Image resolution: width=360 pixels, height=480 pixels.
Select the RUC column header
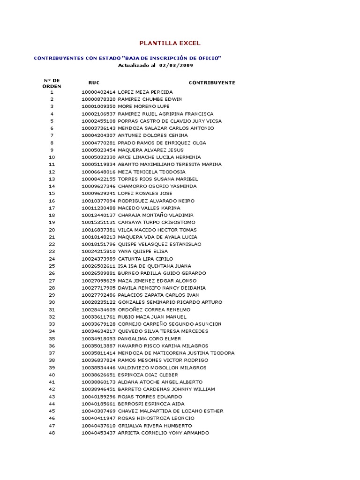[x=94, y=82]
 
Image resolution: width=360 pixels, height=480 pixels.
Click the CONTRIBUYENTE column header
[x=212, y=82]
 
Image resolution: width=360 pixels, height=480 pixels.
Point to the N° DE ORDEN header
[x=52, y=83]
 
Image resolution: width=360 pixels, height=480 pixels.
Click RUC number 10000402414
[x=98, y=92]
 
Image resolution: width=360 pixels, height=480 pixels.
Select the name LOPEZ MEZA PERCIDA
[x=145, y=92]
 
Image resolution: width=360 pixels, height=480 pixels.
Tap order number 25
[x=52, y=266]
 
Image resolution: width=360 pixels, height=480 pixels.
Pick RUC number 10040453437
[x=98, y=433]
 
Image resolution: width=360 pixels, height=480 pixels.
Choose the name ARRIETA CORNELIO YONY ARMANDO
[x=163, y=433]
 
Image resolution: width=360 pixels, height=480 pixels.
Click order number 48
[x=52, y=433]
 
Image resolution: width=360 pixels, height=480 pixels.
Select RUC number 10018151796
[x=98, y=244]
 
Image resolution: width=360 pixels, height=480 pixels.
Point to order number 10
[x=52, y=157]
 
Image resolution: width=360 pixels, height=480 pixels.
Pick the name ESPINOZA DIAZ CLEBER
[x=148, y=375]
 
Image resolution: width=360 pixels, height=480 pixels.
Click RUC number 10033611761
[x=98, y=317]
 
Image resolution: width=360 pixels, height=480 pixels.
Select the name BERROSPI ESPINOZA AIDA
[x=151, y=404]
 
